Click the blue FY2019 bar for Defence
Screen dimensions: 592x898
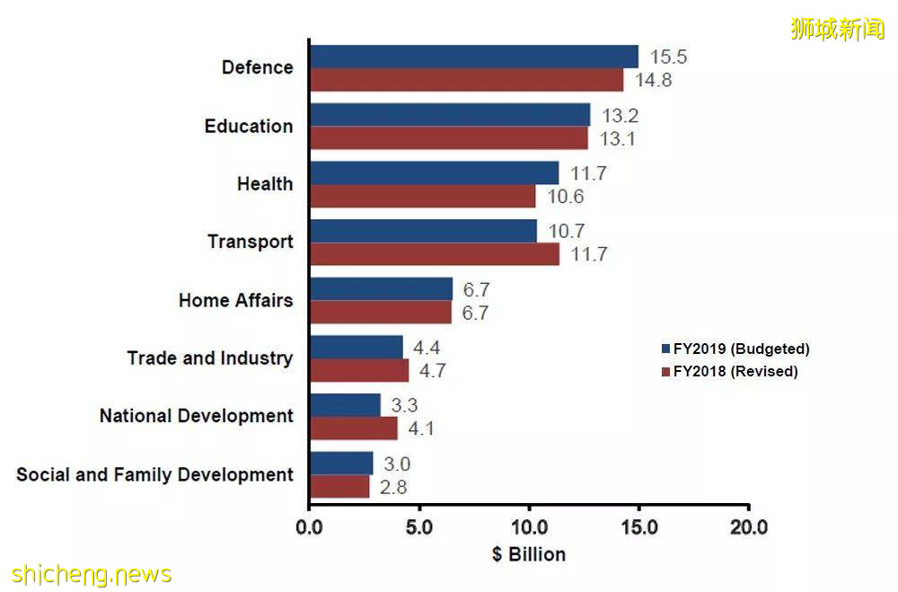[x=473, y=57]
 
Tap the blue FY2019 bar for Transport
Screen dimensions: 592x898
[x=423, y=231]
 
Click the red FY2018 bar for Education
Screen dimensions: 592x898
[x=448, y=138]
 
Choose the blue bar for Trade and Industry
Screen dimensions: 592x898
[x=356, y=347]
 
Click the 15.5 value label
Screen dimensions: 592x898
[x=668, y=57]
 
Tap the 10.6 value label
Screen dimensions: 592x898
[x=566, y=197]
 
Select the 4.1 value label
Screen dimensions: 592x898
[x=420, y=429]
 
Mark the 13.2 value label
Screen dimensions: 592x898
[x=621, y=115]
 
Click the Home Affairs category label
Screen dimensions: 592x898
[x=235, y=300]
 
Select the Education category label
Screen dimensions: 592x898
[x=249, y=126]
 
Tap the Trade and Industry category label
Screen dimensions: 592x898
[x=210, y=358]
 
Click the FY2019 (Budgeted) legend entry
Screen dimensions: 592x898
[x=735, y=349]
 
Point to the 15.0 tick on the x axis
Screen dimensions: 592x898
[x=638, y=526]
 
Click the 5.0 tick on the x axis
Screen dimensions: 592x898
[x=418, y=526]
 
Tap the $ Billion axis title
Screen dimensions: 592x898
[x=529, y=554]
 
